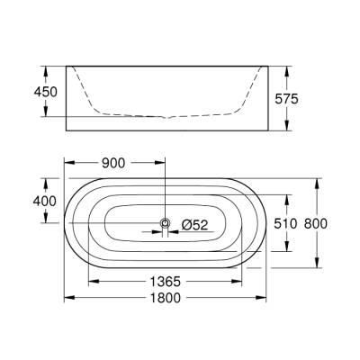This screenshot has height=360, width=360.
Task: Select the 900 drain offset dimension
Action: point(112,164)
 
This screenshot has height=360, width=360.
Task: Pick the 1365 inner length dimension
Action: point(166,281)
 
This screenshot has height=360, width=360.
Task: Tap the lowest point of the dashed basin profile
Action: point(165,117)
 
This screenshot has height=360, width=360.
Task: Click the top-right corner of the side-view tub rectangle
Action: point(265,65)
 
